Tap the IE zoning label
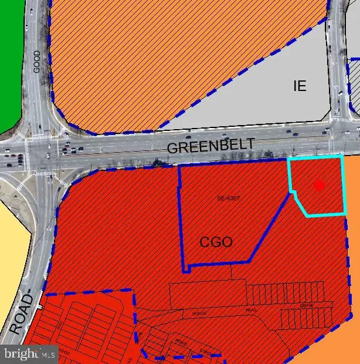click(300, 86)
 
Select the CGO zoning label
click(216, 242)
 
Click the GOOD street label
click(36, 61)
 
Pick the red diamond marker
click(319, 186)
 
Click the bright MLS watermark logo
click(29, 353)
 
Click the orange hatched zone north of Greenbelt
click(176, 53)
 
